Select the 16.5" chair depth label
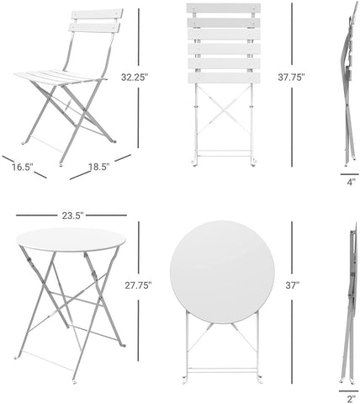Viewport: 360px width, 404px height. [22, 167]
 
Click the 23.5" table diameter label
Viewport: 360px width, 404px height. [71, 216]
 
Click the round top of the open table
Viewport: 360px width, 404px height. [71, 240]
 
